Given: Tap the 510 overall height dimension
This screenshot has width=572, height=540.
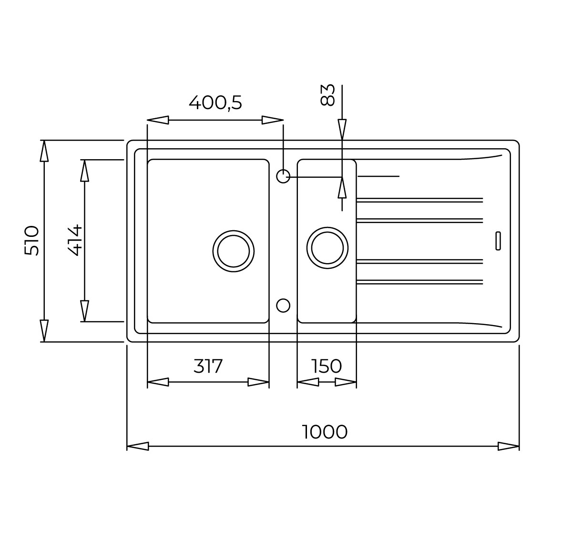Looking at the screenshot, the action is click(x=31, y=241).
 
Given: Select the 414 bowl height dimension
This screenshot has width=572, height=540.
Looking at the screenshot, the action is click(x=75, y=240).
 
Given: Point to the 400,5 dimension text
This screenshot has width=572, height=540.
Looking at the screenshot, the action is click(x=215, y=103).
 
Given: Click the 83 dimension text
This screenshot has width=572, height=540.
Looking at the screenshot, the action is click(x=328, y=95).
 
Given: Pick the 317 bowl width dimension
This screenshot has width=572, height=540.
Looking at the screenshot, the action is click(x=208, y=366).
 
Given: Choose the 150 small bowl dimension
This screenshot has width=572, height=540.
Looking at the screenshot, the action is click(x=327, y=366).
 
